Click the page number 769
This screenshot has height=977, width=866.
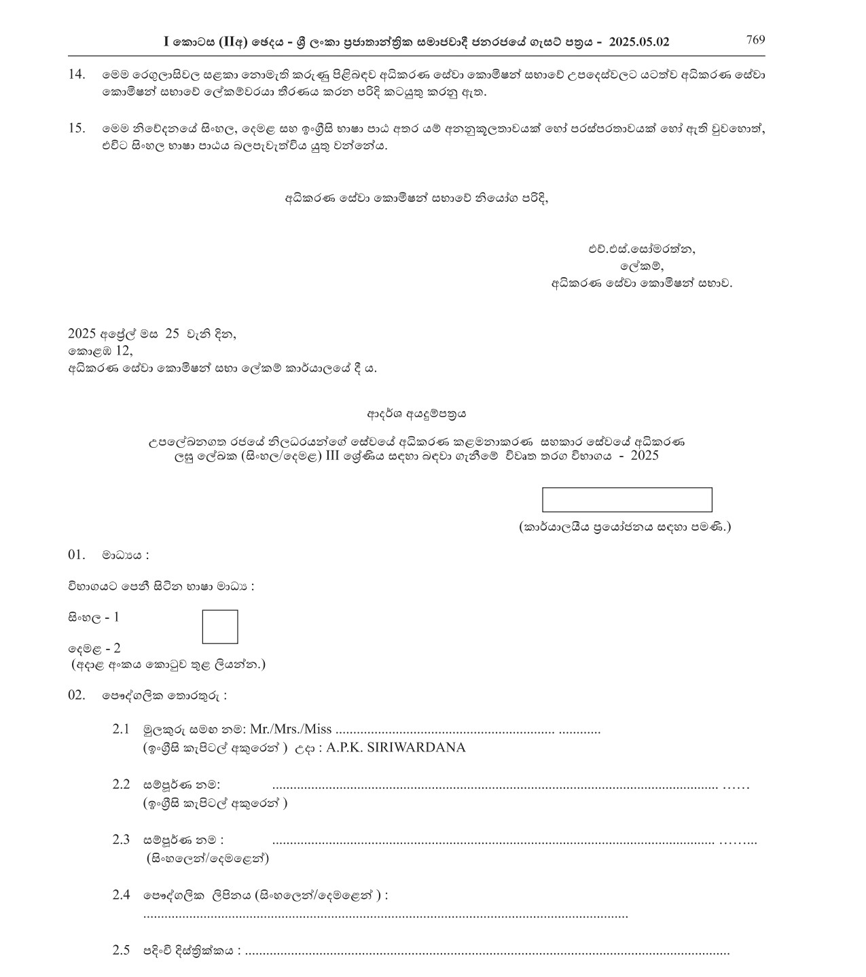tap(755, 39)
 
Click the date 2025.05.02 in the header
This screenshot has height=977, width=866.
tap(639, 42)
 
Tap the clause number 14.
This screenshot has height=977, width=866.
tap(77, 74)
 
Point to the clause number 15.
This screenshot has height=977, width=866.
tap(77, 128)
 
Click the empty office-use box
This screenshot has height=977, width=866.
tap(626, 499)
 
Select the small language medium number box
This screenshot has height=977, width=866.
tap(220, 626)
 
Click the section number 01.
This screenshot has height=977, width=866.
tap(76, 554)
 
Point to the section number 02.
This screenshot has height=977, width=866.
tap(76, 695)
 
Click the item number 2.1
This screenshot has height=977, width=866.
tap(121, 729)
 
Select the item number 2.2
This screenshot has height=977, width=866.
tap(121, 784)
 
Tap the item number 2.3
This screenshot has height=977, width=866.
tap(121, 839)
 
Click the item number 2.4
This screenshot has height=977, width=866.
tap(121, 895)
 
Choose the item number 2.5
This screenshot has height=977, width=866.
tap(121, 951)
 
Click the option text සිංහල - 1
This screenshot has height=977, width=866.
tap(94, 618)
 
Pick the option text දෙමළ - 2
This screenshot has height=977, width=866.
tap(94, 648)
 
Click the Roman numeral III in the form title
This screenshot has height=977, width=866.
tap(332, 456)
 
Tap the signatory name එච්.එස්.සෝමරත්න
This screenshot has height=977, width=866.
tap(642, 249)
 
